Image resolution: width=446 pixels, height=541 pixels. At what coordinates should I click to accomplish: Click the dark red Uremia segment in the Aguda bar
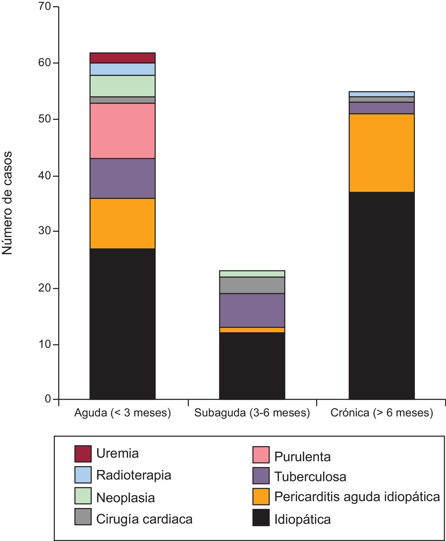(122, 58)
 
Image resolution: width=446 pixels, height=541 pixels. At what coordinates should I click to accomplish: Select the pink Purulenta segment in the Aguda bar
(122, 131)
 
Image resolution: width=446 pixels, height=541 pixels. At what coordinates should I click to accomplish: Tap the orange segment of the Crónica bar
(382, 153)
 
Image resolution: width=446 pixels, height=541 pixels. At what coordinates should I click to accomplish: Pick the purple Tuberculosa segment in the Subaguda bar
(252, 310)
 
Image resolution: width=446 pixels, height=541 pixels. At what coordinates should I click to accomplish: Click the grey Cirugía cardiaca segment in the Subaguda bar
(252, 285)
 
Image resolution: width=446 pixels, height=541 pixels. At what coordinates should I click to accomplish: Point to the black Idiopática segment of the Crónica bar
(382, 295)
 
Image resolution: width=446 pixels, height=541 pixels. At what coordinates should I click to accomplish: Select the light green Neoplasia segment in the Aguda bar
(122, 86)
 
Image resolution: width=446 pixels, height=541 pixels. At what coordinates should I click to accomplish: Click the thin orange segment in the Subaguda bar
(252, 330)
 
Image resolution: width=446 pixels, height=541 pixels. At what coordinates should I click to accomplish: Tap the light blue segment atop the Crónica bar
(382, 94)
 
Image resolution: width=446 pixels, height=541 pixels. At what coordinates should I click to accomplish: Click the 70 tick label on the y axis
(44, 7)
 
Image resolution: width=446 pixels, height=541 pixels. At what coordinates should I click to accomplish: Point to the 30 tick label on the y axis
(44, 231)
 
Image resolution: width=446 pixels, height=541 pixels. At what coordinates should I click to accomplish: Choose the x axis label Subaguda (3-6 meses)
(252, 413)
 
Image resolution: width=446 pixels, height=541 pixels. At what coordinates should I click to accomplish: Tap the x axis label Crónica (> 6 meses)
(382, 413)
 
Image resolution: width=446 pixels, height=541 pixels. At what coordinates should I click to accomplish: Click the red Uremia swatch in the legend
(83, 454)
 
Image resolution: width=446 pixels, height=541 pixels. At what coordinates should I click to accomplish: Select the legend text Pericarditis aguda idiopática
(357, 496)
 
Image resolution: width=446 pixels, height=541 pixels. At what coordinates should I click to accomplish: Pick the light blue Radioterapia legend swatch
(83, 475)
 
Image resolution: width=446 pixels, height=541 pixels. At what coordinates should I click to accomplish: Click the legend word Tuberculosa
(310, 477)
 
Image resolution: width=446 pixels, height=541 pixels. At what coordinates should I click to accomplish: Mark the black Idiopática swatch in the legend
(261, 518)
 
